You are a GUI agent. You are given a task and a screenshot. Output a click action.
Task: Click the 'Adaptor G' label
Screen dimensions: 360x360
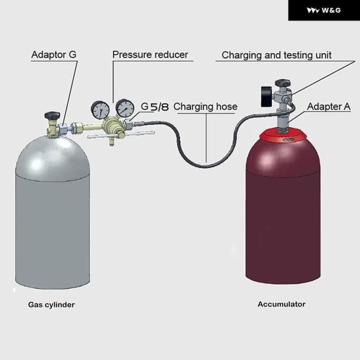[53, 55]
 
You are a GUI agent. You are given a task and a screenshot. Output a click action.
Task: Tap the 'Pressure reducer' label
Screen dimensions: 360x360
[150, 55]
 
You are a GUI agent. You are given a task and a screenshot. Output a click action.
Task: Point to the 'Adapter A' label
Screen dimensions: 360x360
[329, 107]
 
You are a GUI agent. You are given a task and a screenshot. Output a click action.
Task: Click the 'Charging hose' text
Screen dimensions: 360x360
[205, 107]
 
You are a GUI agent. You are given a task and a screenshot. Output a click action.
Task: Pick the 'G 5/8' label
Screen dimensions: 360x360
[155, 107]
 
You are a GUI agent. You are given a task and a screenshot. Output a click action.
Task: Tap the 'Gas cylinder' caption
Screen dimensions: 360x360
[52, 305]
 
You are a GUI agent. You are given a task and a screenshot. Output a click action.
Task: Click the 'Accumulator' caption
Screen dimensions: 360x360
[281, 304]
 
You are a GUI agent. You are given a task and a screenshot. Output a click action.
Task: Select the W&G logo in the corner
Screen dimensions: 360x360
[323, 10]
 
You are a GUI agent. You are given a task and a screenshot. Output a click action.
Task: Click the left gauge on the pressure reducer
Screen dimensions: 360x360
[100, 109]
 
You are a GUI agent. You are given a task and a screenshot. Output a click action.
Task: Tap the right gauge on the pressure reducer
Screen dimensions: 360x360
[125, 108]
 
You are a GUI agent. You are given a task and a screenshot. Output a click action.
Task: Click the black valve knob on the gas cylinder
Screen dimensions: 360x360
[52, 114]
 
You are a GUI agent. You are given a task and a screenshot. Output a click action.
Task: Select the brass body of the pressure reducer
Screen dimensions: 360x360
[111, 126]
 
